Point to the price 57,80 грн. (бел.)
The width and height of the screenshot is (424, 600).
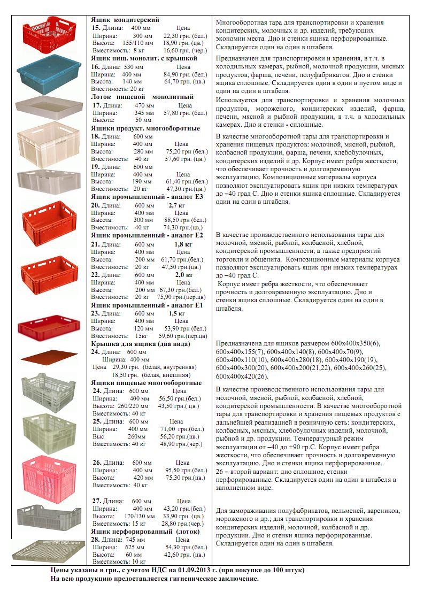click(x=185, y=113)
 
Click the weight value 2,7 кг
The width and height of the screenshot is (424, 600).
click(x=176, y=205)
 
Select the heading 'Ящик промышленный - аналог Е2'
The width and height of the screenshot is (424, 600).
click(x=147, y=235)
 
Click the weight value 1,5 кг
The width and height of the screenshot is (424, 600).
click(x=176, y=313)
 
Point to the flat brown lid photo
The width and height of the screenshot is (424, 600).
click(x=45, y=357)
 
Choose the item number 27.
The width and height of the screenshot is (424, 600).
click(x=97, y=501)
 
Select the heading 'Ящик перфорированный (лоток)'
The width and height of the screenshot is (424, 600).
click(x=145, y=532)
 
